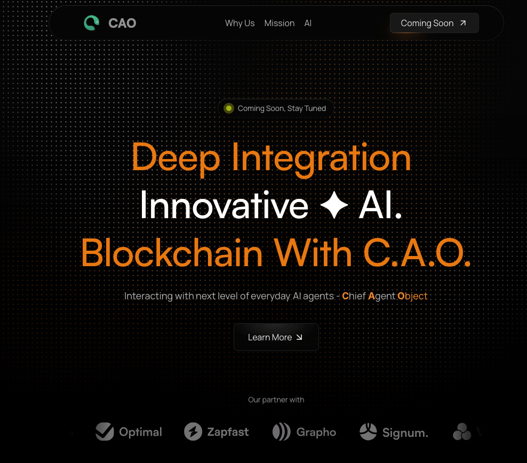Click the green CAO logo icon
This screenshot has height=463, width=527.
tap(92, 23)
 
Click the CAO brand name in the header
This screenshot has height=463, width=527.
tap(122, 23)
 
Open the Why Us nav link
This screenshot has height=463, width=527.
tap(239, 23)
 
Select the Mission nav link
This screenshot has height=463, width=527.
tap(280, 23)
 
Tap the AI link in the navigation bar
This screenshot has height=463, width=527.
tap(308, 23)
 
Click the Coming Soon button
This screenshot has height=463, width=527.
tap(434, 23)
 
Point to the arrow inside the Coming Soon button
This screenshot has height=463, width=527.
tap(463, 23)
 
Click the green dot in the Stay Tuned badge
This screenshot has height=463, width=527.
tap(229, 108)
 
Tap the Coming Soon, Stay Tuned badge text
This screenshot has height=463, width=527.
tap(282, 108)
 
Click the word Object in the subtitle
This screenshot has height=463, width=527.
tap(412, 296)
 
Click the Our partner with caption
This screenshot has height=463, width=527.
tap(276, 400)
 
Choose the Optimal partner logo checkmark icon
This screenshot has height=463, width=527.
tap(105, 432)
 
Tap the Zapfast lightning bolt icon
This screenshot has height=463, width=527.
tap(193, 432)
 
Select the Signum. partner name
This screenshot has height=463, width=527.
tap(405, 433)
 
